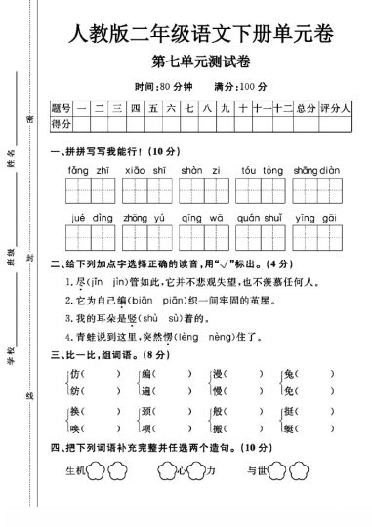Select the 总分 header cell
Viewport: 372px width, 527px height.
(307, 107)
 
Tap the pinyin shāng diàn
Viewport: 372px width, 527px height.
(315, 169)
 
